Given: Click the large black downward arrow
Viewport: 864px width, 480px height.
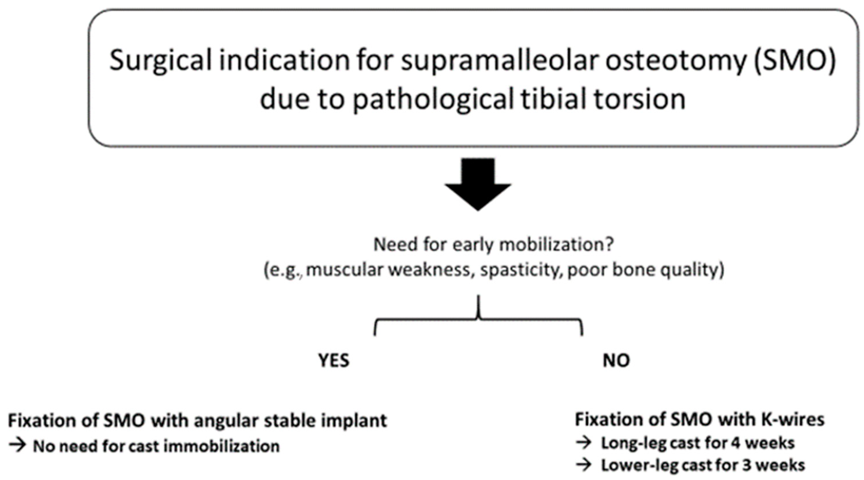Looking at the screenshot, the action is [x=478, y=184].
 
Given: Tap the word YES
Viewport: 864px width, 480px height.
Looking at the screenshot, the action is [x=334, y=361].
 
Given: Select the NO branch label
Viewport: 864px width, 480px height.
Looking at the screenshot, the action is [x=617, y=361].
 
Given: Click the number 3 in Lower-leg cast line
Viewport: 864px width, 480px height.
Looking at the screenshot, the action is [x=747, y=465].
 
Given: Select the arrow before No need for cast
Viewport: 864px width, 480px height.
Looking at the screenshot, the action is [x=17, y=446].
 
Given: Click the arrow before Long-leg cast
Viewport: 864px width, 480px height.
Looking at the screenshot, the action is [x=584, y=443].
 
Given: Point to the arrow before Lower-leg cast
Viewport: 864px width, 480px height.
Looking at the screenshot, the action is [x=584, y=465].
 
